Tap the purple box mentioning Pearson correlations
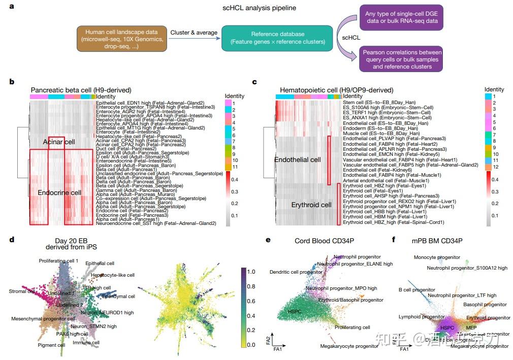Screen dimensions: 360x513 pyautogui.click(x=401, y=59)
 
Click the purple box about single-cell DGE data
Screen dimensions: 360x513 pyautogui.click(x=401, y=17)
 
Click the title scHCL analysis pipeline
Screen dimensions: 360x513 pyautogui.click(x=260, y=8)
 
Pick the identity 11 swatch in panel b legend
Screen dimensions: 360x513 pyautogui.click(x=228, y=167)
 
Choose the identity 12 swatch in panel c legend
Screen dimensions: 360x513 pyautogui.click(x=488, y=167)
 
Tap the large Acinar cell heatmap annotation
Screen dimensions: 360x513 pyautogui.click(x=59, y=142)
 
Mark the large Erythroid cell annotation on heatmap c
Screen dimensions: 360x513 pyautogui.click(x=311, y=205)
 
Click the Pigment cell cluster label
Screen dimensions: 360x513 pyautogui.click(x=51, y=345)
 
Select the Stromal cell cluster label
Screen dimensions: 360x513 pyautogui.click(x=22, y=291)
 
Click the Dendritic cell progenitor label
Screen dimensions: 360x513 pyautogui.click(x=296, y=273)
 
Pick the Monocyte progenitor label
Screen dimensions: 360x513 pyautogui.click(x=436, y=257)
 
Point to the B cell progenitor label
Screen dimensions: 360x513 pyautogui.click(x=416, y=290)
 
